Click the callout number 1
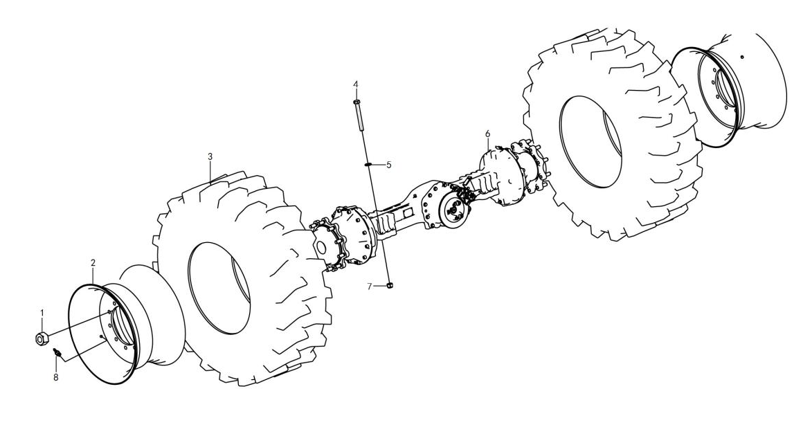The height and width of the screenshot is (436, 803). [42, 312]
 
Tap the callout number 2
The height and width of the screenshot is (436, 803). [93, 263]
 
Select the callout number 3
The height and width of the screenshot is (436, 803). [210, 156]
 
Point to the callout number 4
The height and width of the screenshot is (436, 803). [355, 84]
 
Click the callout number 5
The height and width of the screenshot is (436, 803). [389, 165]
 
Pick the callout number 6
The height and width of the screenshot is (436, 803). [487, 134]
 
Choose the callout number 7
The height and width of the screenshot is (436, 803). [369, 287]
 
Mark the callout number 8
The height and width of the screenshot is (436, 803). [56, 377]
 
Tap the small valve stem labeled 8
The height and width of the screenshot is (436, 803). [57, 352]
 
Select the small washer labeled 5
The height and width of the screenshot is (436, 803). [368, 164]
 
